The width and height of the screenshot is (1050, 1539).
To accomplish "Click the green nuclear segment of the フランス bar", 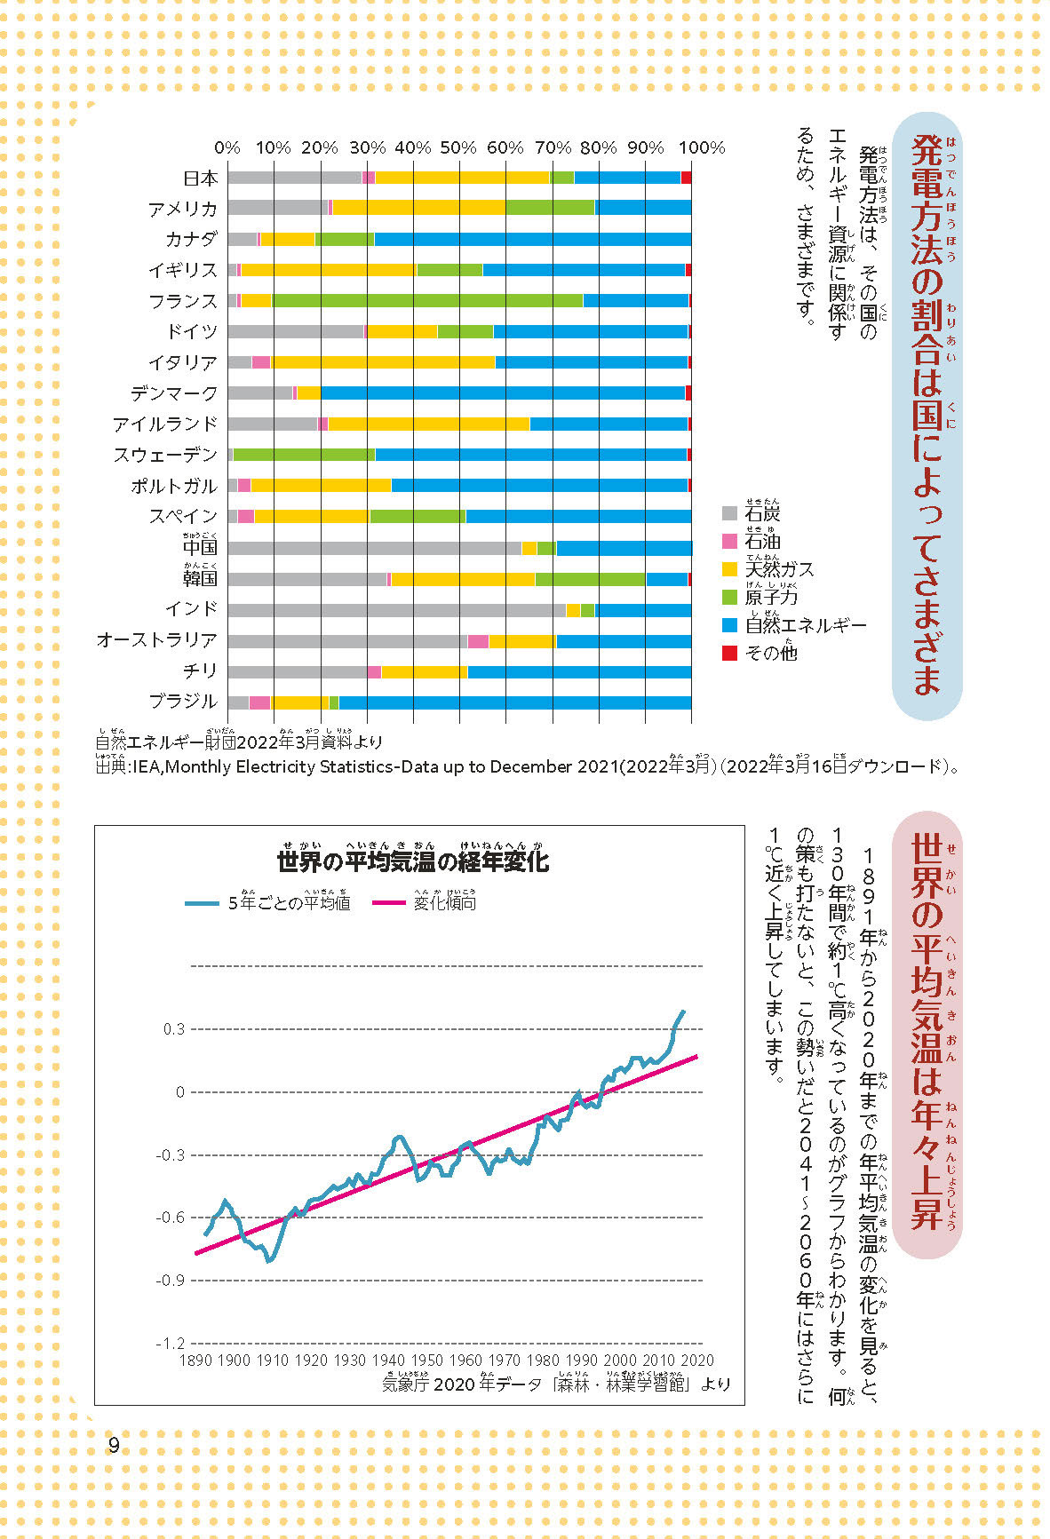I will pyautogui.click(x=426, y=300).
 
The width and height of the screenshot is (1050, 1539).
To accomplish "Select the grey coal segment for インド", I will pyautogui.click(x=395, y=609).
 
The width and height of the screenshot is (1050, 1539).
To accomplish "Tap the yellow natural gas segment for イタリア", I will pyautogui.click(x=382, y=361).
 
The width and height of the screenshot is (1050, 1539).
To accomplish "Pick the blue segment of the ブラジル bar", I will pyautogui.click(x=515, y=702).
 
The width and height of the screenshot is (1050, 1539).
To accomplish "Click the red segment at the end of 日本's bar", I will pyautogui.click(x=686, y=178).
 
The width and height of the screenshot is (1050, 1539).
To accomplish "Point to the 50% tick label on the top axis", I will pyautogui.click(x=458, y=147).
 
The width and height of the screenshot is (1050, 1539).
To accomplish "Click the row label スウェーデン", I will pyautogui.click(x=165, y=455).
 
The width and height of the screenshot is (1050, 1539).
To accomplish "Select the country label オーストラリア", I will pyautogui.click(x=156, y=639).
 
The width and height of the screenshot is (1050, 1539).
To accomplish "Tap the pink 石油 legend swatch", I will pyautogui.click(x=729, y=541).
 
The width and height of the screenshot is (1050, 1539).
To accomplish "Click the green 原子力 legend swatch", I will pyautogui.click(x=729, y=597).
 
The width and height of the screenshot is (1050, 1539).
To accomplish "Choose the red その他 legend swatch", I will pyautogui.click(x=729, y=653).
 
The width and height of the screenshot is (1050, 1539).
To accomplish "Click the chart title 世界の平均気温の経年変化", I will pyautogui.click(x=413, y=861).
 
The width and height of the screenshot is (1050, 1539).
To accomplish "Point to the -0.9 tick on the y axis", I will pyautogui.click(x=170, y=1280).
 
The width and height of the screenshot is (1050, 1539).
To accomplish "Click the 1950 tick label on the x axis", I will pyautogui.click(x=426, y=1360).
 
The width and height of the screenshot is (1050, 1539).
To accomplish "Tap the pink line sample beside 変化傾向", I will pyautogui.click(x=388, y=903).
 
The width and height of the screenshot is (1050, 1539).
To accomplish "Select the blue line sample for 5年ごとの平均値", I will pyautogui.click(x=202, y=903).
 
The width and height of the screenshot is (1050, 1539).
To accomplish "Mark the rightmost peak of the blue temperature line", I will pyautogui.click(x=682, y=1011).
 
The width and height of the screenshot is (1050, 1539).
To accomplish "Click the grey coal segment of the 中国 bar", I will pyautogui.click(x=373, y=548).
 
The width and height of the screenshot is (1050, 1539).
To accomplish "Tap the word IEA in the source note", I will pyautogui.click(x=147, y=766).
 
